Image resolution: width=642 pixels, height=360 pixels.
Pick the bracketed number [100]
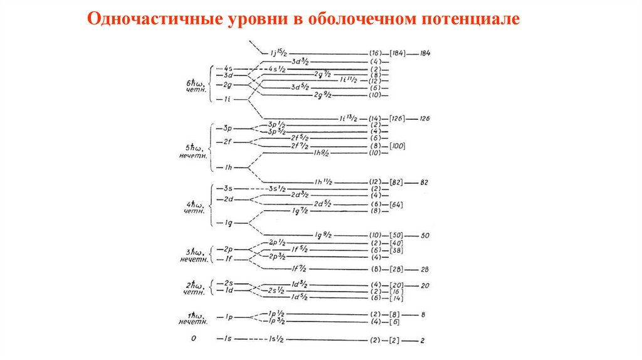point(397,146)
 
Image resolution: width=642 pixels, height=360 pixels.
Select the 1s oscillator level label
point(225,339)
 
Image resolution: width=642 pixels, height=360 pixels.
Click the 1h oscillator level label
point(225,168)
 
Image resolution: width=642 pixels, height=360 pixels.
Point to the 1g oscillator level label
point(225,223)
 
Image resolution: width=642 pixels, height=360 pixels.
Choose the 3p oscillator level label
point(226,128)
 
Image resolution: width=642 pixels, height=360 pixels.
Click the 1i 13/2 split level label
point(349,119)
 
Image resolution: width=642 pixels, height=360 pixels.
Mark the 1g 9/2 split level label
point(325,235)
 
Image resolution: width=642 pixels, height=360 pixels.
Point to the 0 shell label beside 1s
point(194,339)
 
